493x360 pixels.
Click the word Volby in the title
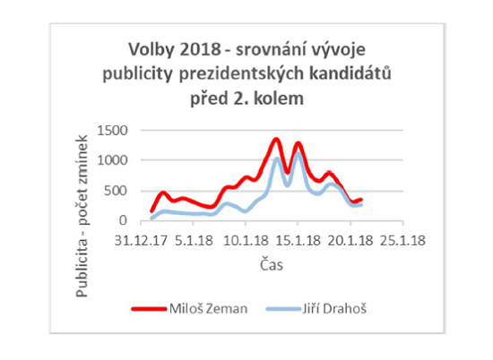click(146, 48)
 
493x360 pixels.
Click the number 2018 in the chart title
click(194, 48)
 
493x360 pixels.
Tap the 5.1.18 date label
click(193, 241)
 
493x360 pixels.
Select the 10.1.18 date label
click(242, 241)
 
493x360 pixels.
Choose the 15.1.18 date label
click(294, 241)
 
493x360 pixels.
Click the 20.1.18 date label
click(346, 241)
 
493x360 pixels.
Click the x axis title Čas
click(272, 264)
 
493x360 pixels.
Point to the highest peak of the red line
click(276, 140)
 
